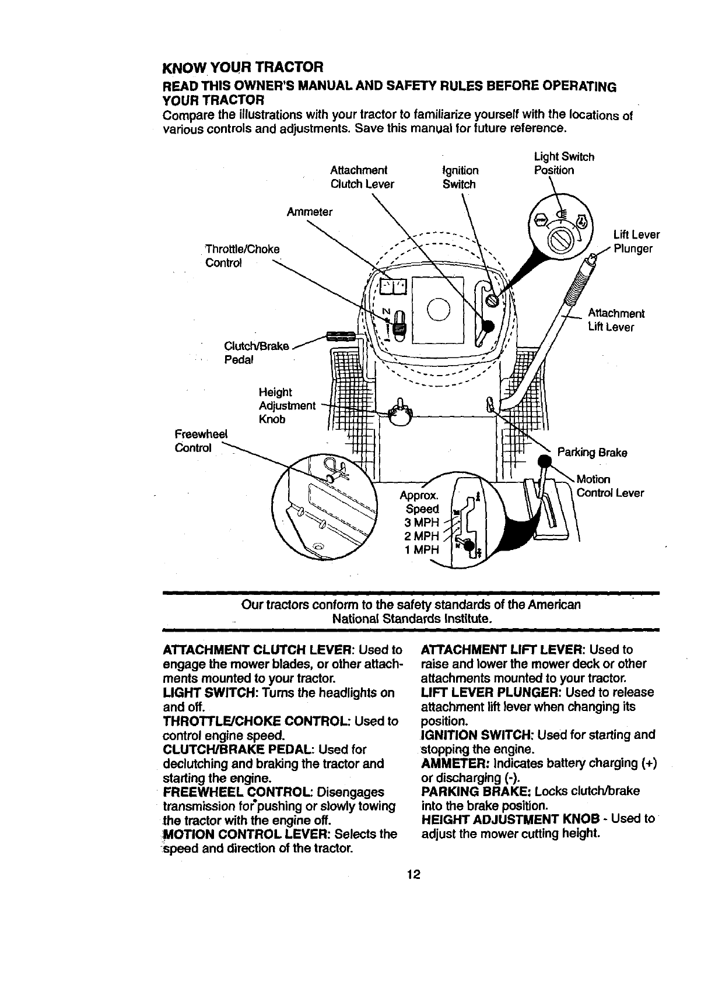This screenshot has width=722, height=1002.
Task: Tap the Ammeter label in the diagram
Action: click(309, 212)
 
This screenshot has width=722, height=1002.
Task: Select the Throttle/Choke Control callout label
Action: click(243, 256)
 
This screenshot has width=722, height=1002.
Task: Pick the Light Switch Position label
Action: click(563, 163)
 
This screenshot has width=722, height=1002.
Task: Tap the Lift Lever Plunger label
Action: click(636, 241)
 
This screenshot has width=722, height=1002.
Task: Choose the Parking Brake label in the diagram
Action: click(592, 452)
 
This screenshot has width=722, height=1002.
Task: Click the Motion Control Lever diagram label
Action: click(609, 486)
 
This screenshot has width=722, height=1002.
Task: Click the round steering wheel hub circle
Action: click(438, 309)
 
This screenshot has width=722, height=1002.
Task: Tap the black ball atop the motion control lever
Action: click(545, 463)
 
